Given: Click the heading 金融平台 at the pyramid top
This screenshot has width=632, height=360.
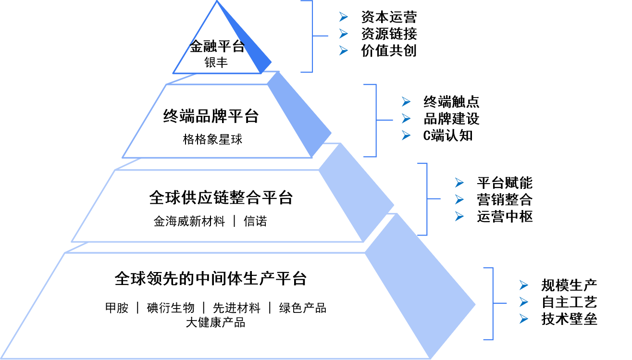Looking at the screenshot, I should (217, 47).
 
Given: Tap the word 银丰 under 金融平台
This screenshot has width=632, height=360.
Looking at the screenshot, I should (216, 62).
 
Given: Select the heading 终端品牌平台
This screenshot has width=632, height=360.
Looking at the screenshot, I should (211, 116).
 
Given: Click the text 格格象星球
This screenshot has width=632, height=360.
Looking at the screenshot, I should (212, 139).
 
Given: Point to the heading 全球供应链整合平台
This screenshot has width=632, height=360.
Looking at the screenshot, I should (221, 198).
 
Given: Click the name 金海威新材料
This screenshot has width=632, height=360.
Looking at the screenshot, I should (189, 222).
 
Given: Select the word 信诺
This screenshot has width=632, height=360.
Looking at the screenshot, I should (255, 222).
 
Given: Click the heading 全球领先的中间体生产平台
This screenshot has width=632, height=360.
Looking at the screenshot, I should (211, 279).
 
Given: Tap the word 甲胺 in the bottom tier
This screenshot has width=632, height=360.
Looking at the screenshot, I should (117, 308).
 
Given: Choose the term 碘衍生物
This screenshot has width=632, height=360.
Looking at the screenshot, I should (170, 308).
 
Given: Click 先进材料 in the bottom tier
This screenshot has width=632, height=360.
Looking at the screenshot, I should (236, 308).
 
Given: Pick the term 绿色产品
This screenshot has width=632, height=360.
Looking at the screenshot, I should (303, 308).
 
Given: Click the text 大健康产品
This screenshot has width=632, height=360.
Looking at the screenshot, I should (215, 323).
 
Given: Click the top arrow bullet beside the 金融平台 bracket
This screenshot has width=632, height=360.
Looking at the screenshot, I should (343, 17).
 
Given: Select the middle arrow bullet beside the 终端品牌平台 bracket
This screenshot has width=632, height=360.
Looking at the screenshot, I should (406, 118).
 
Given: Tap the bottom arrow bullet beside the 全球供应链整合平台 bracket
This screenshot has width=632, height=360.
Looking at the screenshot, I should (459, 216).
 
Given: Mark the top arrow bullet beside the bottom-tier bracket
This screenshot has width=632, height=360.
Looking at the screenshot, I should (524, 286).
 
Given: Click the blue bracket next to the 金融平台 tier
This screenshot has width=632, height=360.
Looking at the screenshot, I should (312, 36).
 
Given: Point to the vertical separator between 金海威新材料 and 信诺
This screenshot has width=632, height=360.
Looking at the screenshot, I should (235, 222).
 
